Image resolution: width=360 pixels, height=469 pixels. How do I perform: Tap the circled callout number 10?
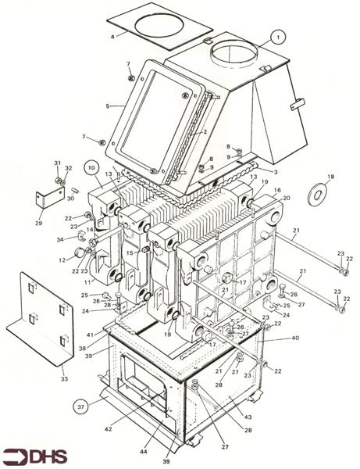(91, 166)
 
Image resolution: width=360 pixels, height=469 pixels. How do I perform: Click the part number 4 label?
(112, 36)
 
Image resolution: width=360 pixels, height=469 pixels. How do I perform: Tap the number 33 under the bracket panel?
(65, 379)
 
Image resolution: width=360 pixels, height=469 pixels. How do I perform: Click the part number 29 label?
(38, 223)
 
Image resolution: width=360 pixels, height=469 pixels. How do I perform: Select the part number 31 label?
(56, 162)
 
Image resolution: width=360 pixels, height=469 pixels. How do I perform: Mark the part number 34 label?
(59, 238)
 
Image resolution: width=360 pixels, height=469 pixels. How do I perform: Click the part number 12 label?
(62, 260)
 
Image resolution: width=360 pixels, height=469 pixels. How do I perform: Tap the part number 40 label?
(295, 338)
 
